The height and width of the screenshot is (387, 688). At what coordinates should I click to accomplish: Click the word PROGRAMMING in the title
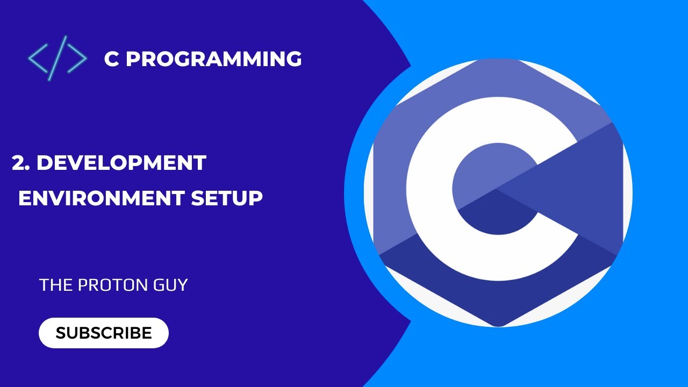(x=213, y=59)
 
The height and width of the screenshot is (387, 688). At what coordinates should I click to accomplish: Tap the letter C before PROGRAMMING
(x=111, y=59)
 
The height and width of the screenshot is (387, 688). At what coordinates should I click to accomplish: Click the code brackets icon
(x=57, y=58)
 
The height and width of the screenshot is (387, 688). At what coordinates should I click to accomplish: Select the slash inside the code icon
(x=57, y=58)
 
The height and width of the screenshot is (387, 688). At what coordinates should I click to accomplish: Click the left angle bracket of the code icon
(x=38, y=58)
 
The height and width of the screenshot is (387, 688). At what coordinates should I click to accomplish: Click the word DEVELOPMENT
(x=121, y=163)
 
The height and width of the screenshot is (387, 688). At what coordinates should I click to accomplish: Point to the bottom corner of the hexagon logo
(x=498, y=322)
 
